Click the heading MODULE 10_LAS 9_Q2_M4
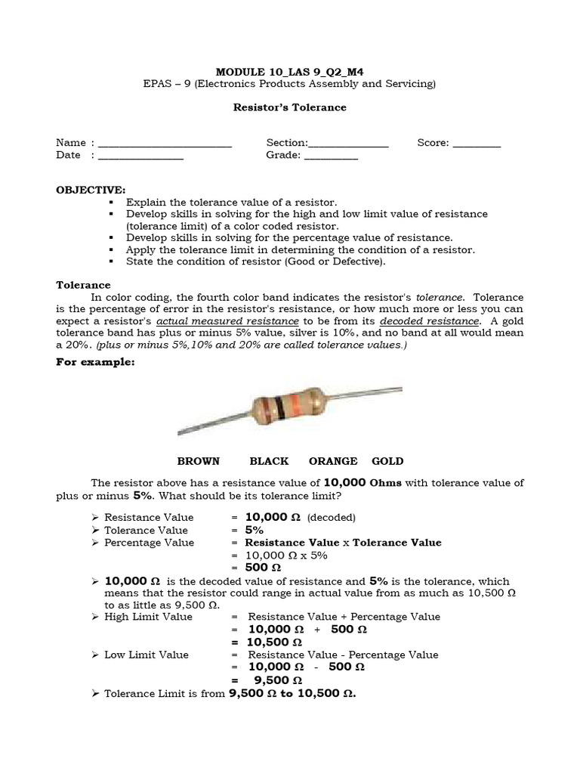click(289, 71)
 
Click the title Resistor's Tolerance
click(289, 107)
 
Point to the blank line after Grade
click(331, 156)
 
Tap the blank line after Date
click(140, 156)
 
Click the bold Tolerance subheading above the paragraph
click(83, 285)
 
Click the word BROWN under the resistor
click(198, 461)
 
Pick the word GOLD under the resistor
click(387, 461)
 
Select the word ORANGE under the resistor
click(333, 461)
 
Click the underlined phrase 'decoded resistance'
click(440, 321)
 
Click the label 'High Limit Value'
click(148, 617)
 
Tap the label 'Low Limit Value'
click(147, 655)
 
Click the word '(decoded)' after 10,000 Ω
click(331, 518)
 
